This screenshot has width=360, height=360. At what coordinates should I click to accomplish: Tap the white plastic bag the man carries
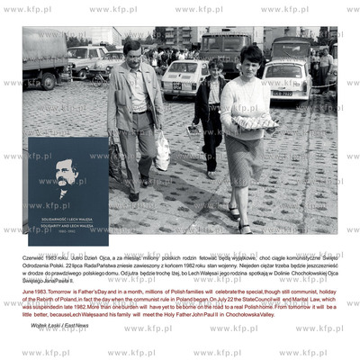click(x=162, y=153)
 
